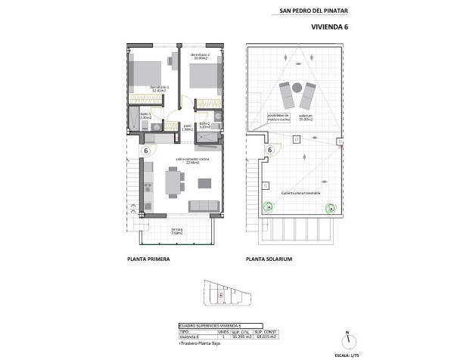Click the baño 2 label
pos(205,126)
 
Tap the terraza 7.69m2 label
pos(177,231)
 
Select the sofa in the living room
pos(204,206)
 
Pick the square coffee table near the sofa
pos(204,182)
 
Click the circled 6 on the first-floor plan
pos(145,151)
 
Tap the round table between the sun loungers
pos(297,86)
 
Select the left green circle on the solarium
pos(268,206)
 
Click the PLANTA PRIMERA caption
pos(148,259)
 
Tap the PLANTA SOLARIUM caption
pos(269,259)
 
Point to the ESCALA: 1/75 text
pos(346,354)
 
